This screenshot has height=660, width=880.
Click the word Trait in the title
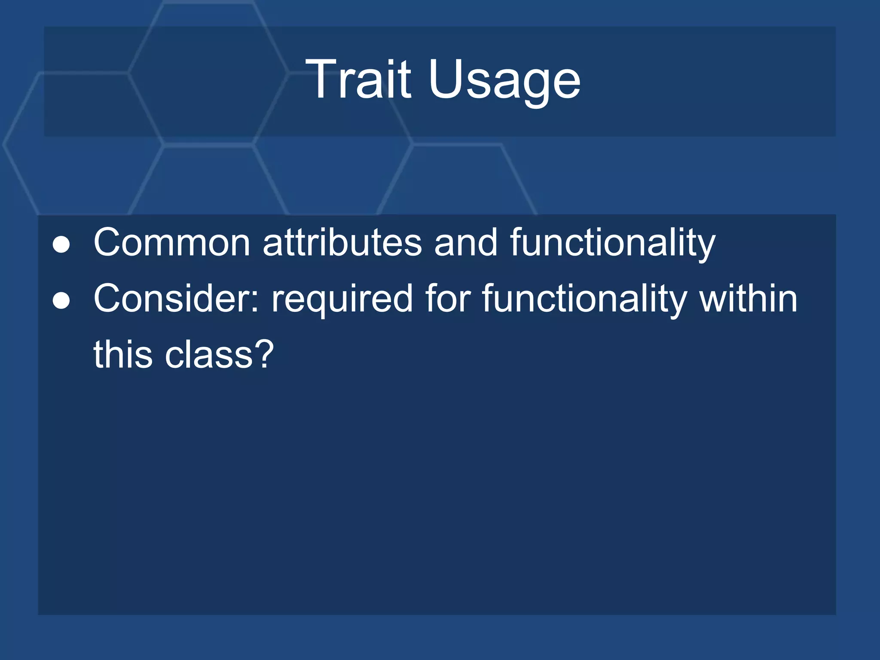pos(358,79)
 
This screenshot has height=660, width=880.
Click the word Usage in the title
pos(504,82)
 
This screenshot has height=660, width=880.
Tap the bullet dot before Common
pos(61,244)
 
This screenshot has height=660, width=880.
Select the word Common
pos(172,243)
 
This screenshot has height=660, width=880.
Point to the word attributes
pos(342,243)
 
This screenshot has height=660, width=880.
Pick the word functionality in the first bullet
pos(613,244)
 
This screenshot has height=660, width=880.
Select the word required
pos(342,301)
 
